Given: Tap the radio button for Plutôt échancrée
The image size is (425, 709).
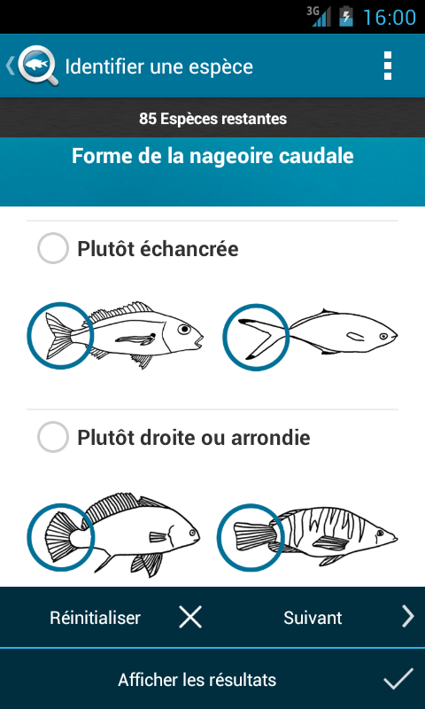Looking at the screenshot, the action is [x=53, y=248].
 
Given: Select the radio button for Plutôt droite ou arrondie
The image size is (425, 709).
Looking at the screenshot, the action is [x=53, y=437].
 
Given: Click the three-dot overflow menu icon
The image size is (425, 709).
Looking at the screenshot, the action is [x=387, y=66].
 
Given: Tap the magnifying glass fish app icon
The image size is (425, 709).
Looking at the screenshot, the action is [x=38, y=66].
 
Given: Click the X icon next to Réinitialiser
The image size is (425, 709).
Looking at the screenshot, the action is [x=190, y=617].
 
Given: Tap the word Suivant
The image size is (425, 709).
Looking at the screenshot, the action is [x=313, y=618].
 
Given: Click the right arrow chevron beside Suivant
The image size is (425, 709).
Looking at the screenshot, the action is [x=408, y=617].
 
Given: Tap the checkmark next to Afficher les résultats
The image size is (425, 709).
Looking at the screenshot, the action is [x=398, y=679].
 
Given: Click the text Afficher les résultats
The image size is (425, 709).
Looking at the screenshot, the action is [x=197, y=680].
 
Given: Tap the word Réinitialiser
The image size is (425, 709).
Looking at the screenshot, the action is [x=96, y=618].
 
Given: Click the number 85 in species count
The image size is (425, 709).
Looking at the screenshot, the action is [x=147, y=119].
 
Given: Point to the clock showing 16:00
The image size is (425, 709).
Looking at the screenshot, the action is [x=390, y=17].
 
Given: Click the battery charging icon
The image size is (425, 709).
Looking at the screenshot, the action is [x=346, y=17].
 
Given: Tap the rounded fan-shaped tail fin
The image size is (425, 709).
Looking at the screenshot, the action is [x=60, y=536].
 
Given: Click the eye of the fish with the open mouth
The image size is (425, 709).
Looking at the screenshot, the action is [x=184, y=329].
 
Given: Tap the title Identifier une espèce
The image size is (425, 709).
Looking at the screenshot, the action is [x=159, y=67].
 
